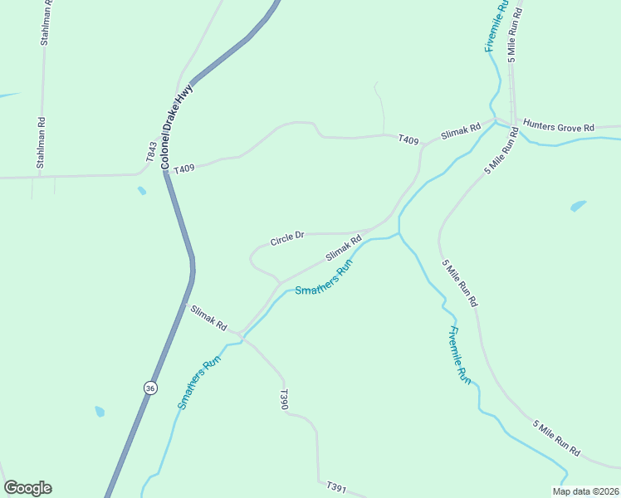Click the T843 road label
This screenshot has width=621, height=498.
click(x=151, y=152)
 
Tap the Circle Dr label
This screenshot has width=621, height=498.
click(x=287, y=239)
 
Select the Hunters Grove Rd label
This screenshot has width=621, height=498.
click(x=559, y=128)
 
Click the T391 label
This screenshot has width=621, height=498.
click(x=335, y=486)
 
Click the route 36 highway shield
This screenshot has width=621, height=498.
click(x=149, y=388)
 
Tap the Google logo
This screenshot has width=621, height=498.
click(x=27, y=488)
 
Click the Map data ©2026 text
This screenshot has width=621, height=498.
click(x=585, y=491)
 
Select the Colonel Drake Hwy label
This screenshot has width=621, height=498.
click(x=178, y=127)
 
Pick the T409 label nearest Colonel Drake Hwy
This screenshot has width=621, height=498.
click(x=184, y=168)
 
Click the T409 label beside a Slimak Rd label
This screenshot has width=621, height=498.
click(x=408, y=139)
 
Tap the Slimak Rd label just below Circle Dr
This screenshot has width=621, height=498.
click(x=344, y=248)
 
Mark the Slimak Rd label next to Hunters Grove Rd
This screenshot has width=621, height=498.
click(x=461, y=131)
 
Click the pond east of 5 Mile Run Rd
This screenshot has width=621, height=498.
click(x=578, y=205)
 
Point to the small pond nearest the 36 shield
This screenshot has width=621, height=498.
click(x=100, y=412)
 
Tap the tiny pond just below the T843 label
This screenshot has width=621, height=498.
click(x=142, y=191)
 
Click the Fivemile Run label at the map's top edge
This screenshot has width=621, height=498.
click(x=496, y=27)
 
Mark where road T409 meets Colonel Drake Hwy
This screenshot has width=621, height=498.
click(x=165, y=170)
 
